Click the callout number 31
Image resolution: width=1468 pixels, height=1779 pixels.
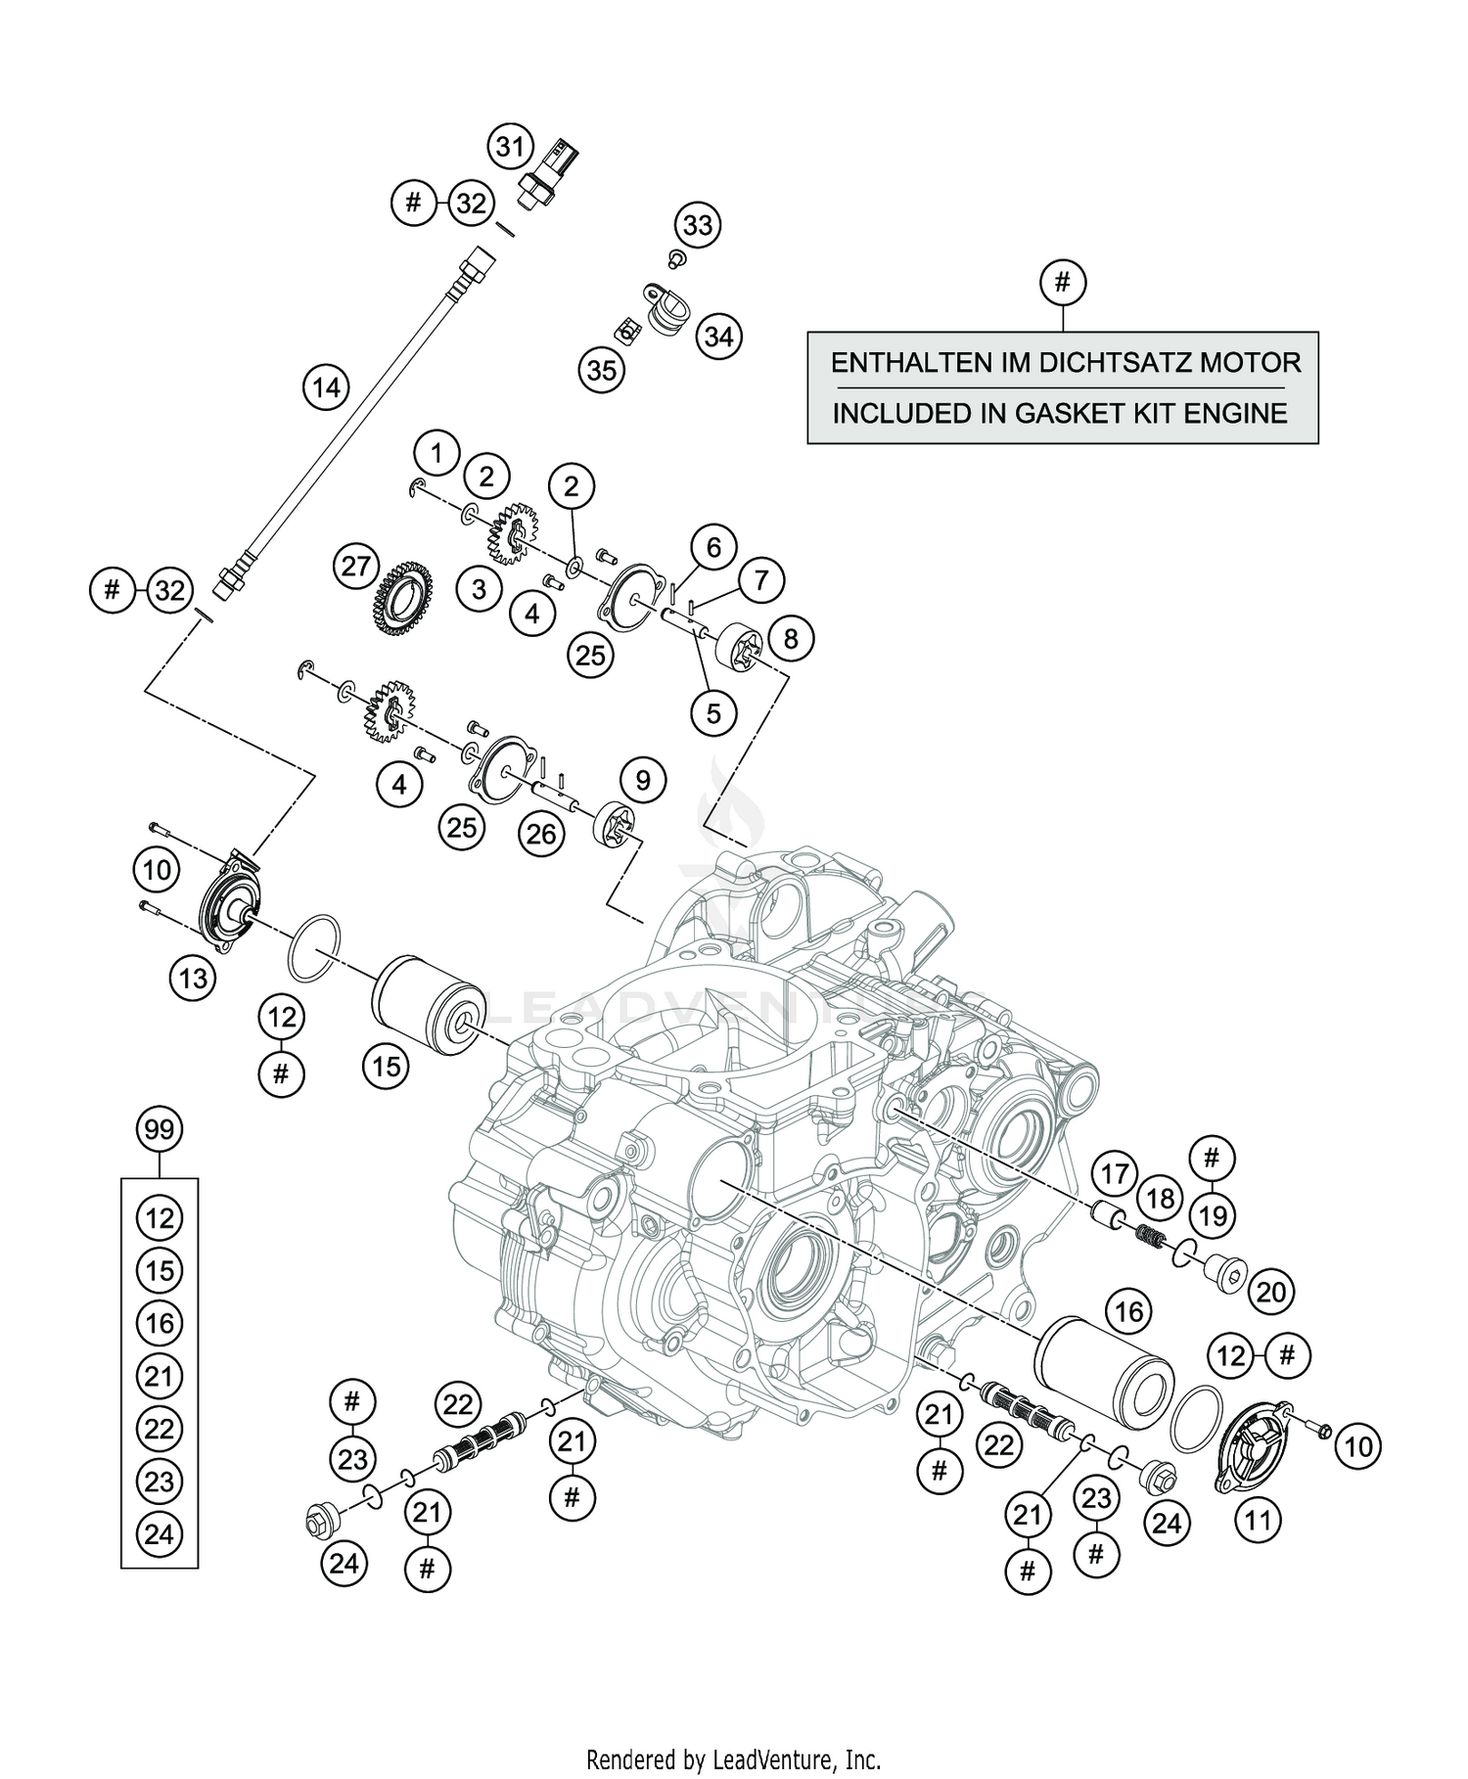[509, 148]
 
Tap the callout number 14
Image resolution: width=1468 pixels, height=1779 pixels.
[326, 388]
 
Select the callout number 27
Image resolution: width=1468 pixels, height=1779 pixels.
[357, 566]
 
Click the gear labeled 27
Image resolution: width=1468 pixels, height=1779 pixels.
[403, 597]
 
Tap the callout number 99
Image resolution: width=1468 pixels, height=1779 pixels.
[159, 1130]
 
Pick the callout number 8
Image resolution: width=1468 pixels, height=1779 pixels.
[790, 639]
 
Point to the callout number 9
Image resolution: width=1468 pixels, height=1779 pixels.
[642, 780]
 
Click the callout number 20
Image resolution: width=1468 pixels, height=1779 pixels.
[1270, 1292]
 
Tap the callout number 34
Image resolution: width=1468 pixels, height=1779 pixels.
[718, 337]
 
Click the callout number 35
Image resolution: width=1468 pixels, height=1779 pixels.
[601, 371]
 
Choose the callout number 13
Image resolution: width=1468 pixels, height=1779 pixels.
[193, 977]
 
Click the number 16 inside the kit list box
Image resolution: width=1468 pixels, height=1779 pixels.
[159, 1323]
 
